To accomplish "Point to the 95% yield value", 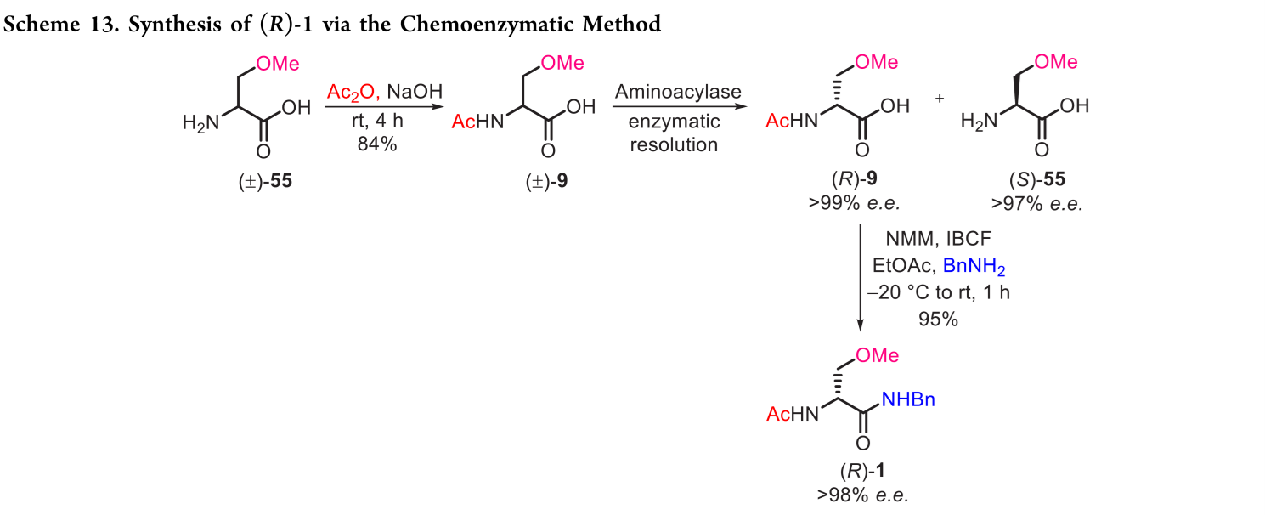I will point(938,319).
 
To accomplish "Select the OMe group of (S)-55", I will point(1056,62).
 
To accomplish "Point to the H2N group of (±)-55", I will point(200,123).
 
